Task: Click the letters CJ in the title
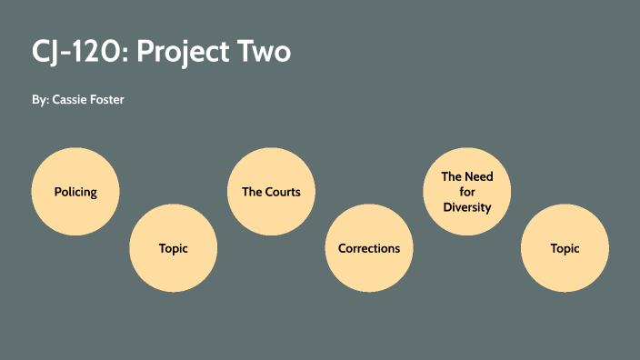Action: pyautogui.click(x=45, y=52)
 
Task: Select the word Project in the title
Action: pyautogui.click(x=187, y=53)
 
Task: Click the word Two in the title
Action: pyautogui.click(x=266, y=52)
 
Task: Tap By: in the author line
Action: pyautogui.click(x=40, y=99)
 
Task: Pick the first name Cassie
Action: pyautogui.click(x=71, y=99)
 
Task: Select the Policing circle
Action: pyautogui.click(x=75, y=192)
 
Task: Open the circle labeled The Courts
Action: pyautogui.click(x=271, y=192)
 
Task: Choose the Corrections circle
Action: pyautogui.click(x=369, y=248)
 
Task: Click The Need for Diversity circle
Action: pyautogui.click(x=467, y=192)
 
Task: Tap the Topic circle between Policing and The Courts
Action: pyautogui.click(x=174, y=248)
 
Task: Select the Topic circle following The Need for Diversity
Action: pyautogui.click(x=565, y=248)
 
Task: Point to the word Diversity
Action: pyautogui.click(x=467, y=207)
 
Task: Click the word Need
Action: pyautogui.click(x=479, y=176)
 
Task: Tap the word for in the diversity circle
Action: pyautogui.click(x=467, y=192)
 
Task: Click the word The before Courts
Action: pyautogui.click(x=252, y=192)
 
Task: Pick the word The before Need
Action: pyautogui.click(x=452, y=176)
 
